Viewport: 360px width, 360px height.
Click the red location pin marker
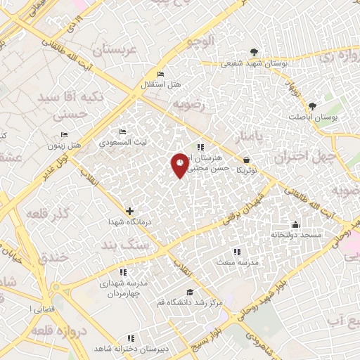pos(180,165)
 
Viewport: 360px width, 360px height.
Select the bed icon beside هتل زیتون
pos(65,135)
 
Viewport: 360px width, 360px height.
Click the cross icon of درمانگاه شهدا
pos(129,211)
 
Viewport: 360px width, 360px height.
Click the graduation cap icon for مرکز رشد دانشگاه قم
pos(188,292)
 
